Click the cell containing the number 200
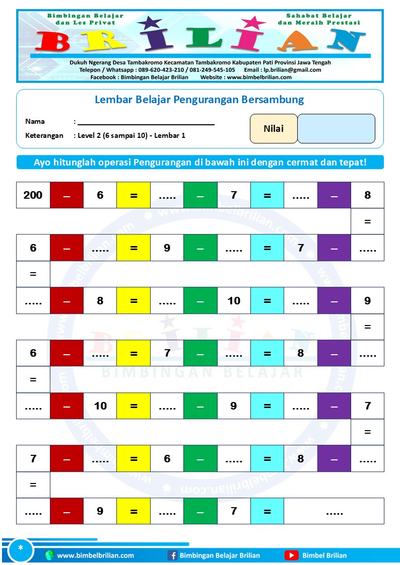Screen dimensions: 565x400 [x=33, y=195]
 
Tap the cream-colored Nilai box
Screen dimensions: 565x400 [x=274, y=129]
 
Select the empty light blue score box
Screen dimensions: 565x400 [x=336, y=129]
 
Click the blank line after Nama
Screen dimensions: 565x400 [x=146, y=122]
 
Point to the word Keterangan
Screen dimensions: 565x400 [x=44, y=135]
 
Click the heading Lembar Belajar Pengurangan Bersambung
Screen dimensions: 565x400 [x=199, y=100]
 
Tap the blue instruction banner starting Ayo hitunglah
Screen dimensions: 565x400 [x=200, y=163]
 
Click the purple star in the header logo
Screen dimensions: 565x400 [x=150, y=23]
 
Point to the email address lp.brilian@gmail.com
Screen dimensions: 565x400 [x=291, y=70]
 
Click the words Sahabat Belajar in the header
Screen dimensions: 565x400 [x=319, y=16]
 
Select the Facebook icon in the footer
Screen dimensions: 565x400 [x=172, y=555]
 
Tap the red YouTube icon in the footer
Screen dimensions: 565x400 [x=291, y=555]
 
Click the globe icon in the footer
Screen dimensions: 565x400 [x=49, y=555]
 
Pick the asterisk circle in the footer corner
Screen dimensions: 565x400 [x=21, y=548]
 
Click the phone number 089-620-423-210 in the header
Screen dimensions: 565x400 [x=161, y=70]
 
